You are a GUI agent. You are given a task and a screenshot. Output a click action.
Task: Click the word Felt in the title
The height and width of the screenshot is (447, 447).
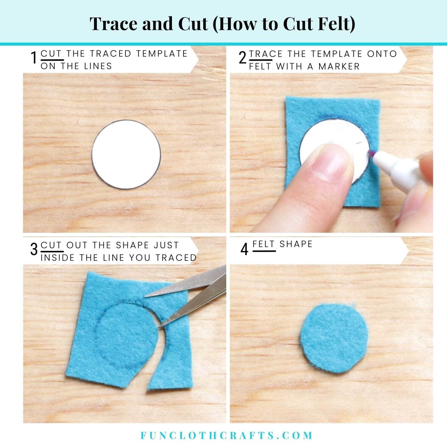pos(334,24)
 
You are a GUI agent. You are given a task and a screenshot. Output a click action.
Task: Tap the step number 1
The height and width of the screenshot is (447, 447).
pos(34,58)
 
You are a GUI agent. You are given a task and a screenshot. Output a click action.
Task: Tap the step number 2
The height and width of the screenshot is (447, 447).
pos(243,58)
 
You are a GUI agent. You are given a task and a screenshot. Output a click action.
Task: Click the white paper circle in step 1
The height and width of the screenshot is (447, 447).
pos(126,154)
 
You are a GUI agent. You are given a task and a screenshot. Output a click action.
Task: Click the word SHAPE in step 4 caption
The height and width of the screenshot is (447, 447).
pos(296,244)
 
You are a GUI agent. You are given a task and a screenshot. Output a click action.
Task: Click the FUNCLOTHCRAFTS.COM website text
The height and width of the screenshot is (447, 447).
pos(226,435)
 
